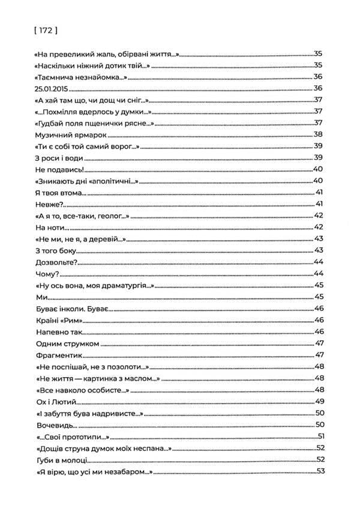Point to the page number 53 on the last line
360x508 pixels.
pyautogui.click(x=319, y=471)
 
